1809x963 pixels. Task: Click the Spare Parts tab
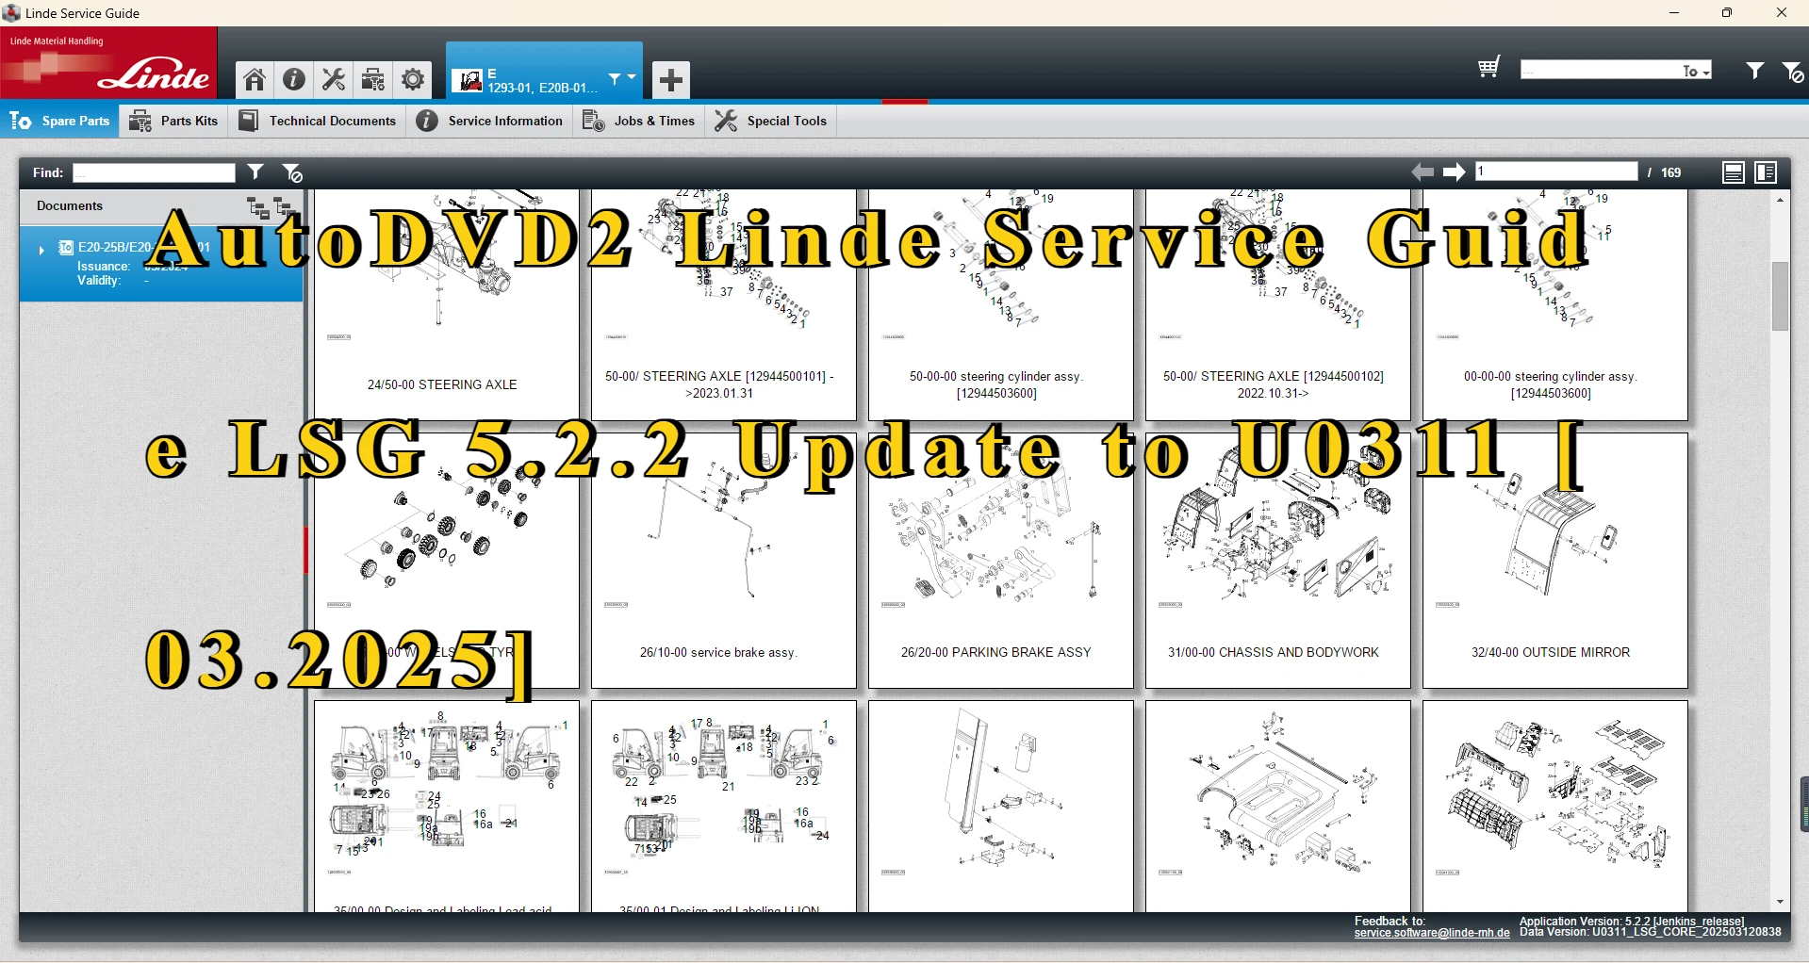[x=60, y=121]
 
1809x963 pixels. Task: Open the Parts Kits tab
[x=174, y=121]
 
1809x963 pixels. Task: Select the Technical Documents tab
[x=318, y=121]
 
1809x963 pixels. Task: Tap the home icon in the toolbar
[x=255, y=80]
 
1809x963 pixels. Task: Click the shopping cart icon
[x=1488, y=68]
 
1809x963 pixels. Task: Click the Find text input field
[x=154, y=172]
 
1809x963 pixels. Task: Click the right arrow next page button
[x=1454, y=171]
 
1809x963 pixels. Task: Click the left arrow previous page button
[x=1423, y=171]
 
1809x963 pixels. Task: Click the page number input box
[x=1555, y=171]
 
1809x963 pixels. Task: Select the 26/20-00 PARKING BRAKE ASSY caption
[x=995, y=652]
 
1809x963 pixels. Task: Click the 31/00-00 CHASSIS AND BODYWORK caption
[x=1273, y=652]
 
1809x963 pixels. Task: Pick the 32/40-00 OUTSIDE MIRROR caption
[x=1550, y=652]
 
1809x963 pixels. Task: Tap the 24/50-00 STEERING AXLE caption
[x=442, y=384]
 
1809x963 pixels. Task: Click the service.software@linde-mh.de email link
[x=1431, y=933]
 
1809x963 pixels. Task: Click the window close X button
[x=1781, y=13]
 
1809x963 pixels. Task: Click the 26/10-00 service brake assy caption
[x=718, y=652]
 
